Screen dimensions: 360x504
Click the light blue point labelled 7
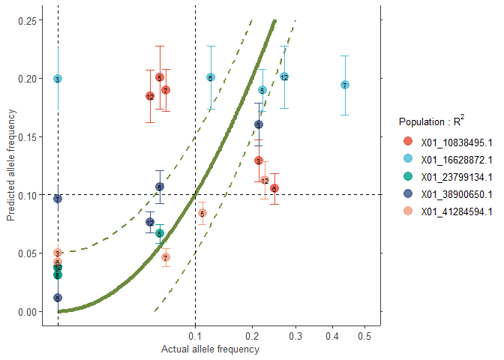click(x=344, y=85)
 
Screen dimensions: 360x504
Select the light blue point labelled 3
click(x=58, y=79)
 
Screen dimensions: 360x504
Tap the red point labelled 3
click(x=258, y=160)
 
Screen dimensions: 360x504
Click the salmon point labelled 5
click(x=202, y=213)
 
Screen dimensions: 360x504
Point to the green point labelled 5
click(x=159, y=233)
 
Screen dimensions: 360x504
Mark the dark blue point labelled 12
click(x=150, y=222)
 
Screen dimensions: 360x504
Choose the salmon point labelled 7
click(x=166, y=257)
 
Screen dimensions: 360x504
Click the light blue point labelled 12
click(x=284, y=77)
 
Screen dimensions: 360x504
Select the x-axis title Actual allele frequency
click(x=210, y=349)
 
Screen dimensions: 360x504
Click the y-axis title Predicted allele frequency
click(x=10, y=166)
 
